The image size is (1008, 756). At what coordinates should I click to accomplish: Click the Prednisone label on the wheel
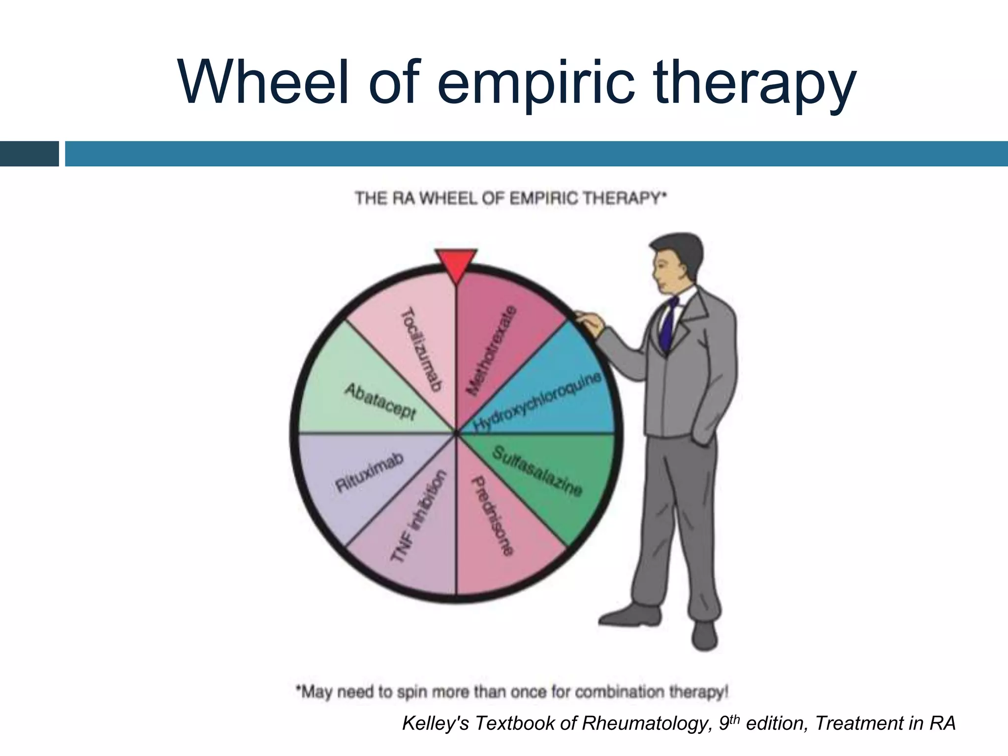(x=493, y=515)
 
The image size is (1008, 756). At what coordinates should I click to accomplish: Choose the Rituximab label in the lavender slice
(x=369, y=472)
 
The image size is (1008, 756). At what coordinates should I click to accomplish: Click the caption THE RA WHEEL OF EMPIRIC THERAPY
(x=510, y=198)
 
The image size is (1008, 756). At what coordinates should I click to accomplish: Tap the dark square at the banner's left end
(x=29, y=154)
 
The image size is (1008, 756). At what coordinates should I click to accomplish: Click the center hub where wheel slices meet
(x=456, y=434)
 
